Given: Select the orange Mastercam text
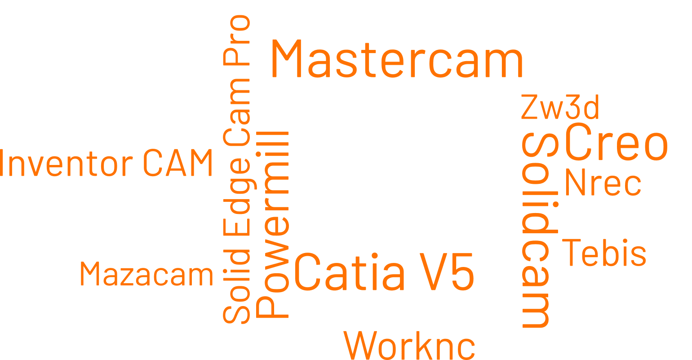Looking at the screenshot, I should point(397,59).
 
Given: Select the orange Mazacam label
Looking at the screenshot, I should point(146,274).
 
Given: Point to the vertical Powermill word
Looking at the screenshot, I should point(272,225).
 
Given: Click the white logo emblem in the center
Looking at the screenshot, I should point(389,186).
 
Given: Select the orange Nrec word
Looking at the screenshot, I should point(603,183).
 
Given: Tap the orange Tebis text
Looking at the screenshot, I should point(604,253).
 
